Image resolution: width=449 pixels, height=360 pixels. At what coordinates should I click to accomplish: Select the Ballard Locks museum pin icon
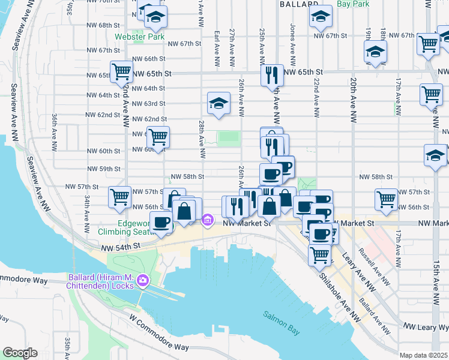click(x=143, y=280)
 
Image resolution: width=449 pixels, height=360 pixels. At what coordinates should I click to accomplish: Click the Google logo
click(x=20, y=353)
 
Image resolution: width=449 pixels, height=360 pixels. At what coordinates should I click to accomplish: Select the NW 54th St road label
click(x=120, y=247)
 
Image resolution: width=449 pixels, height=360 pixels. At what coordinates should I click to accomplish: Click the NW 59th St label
click(x=106, y=169)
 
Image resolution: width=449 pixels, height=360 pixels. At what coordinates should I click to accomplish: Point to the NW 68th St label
click(x=106, y=25)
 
